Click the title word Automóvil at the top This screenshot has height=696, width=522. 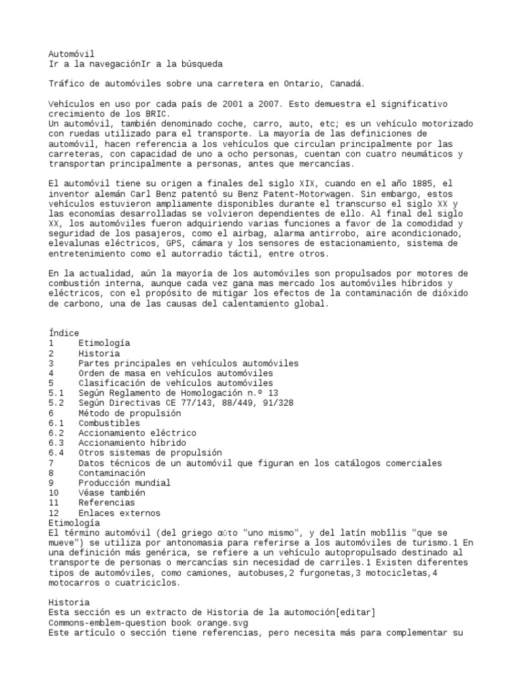(x=71, y=54)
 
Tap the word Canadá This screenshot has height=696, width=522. (x=347, y=84)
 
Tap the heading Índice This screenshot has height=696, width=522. (x=64, y=333)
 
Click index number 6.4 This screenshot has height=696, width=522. (x=56, y=453)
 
